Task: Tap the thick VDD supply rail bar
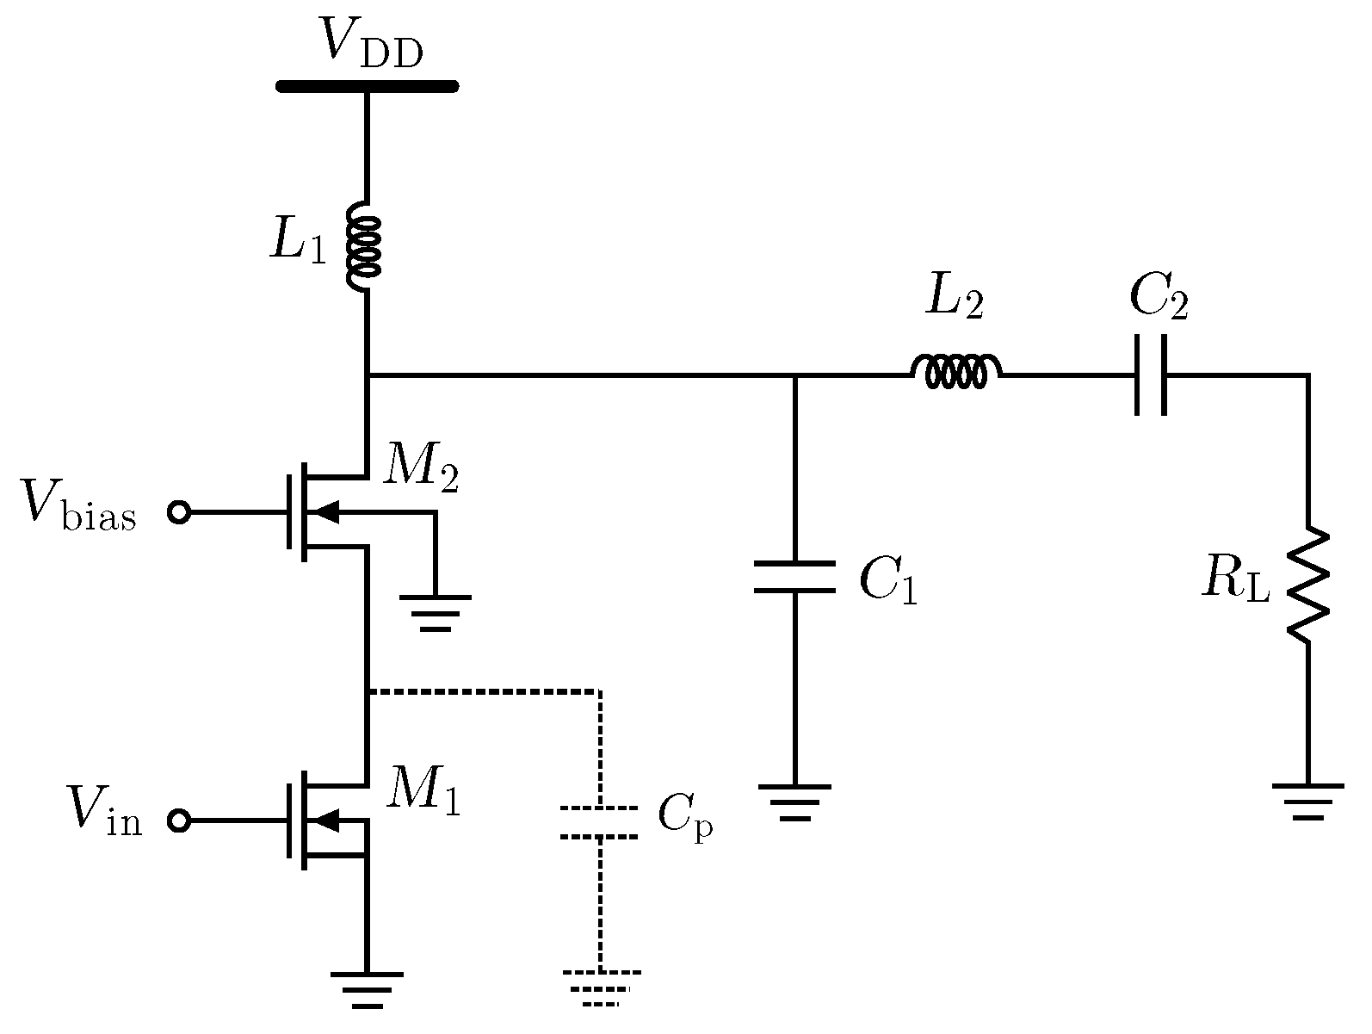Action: click(x=367, y=85)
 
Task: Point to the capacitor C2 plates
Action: click(x=1152, y=375)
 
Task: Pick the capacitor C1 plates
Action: click(x=794, y=577)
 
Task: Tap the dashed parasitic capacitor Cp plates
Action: click(x=599, y=822)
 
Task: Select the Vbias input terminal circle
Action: click(x=179, y=513)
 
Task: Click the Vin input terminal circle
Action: click(x=179, y=821)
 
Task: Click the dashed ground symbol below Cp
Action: click(x=601, y=987)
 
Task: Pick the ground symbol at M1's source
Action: click(x=366, y=988)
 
